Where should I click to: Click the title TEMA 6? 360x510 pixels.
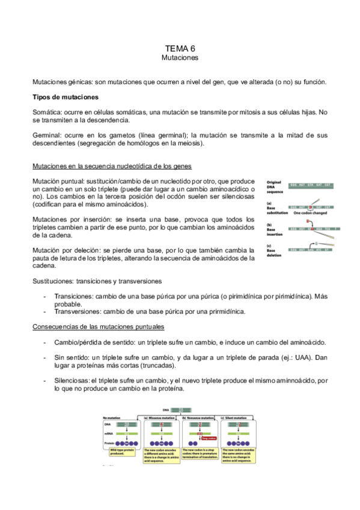180,48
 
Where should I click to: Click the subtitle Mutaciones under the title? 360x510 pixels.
180,58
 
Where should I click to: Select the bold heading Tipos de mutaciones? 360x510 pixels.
66,97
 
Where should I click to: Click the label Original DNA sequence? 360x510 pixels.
275,186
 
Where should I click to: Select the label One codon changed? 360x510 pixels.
310,213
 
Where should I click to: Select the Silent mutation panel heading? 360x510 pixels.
239,417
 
